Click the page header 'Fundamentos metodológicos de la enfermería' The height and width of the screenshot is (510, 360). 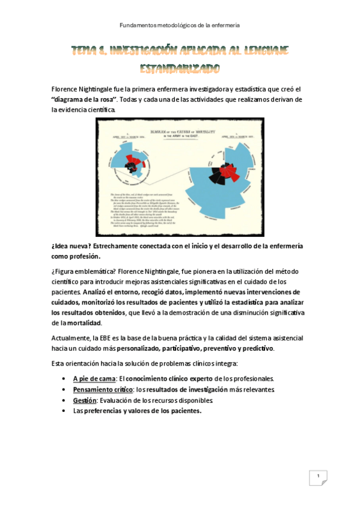point(180,25)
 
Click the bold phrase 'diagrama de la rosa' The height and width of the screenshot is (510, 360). point(79,99)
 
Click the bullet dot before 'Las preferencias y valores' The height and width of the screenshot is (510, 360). point(64,411)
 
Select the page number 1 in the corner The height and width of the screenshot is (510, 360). point(317,477)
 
